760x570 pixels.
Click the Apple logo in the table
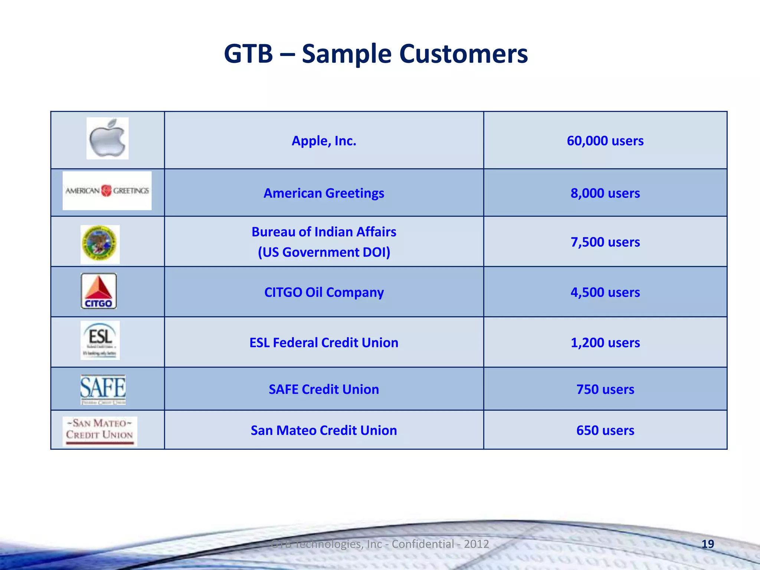[x=107, y=138]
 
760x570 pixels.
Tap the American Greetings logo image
[x=107, y=191]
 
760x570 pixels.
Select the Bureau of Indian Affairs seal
[x=100, y=244]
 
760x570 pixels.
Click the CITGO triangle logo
[x=99, y=291]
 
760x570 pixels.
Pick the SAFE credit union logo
[x=103, y=389]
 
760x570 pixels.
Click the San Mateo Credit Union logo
[x=99, y=431]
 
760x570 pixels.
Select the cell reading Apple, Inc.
[x=324, y=141]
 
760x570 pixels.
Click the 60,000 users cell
[x=605, y=141]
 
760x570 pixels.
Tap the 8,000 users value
[x=605, y=193]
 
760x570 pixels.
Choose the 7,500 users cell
[x=605, y=242]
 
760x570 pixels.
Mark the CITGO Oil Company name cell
[x=324, y=292]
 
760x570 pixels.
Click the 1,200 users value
[x=605, y=343]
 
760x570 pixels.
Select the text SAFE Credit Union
[x=324, y=389]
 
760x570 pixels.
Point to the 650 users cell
[x=605, y=430]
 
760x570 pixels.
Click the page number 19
[x=708, y=544]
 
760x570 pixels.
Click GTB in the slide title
[x=248, y=54]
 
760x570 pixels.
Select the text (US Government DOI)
[x=324, y=252]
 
